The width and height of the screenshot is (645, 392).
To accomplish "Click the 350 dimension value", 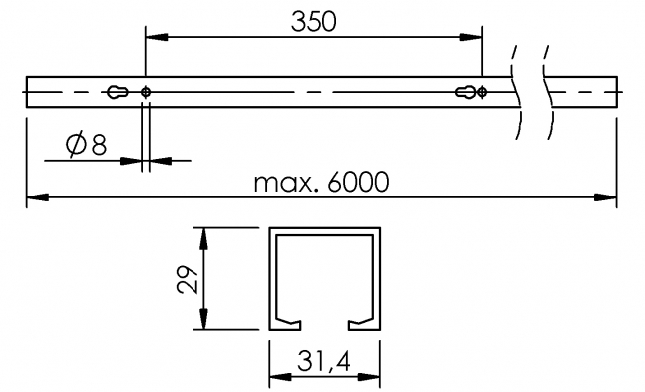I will (314, 22).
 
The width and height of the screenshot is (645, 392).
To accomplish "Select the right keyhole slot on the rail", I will (466, 92).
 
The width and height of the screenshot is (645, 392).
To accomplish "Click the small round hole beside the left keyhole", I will (147, 92).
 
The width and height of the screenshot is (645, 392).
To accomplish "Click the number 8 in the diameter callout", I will (99, 145).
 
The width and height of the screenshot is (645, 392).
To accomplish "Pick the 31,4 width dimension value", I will (325, 364).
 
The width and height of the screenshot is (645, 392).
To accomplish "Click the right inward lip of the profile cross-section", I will (362, 321).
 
